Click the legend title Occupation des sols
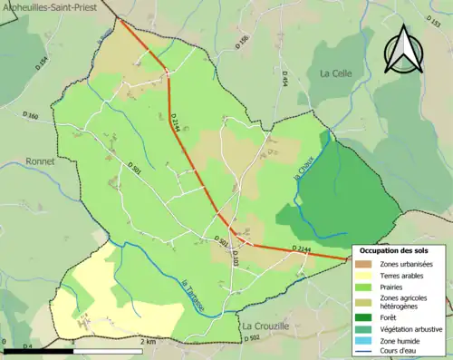[x=393, y=249]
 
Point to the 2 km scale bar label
[x=147, y=343]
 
